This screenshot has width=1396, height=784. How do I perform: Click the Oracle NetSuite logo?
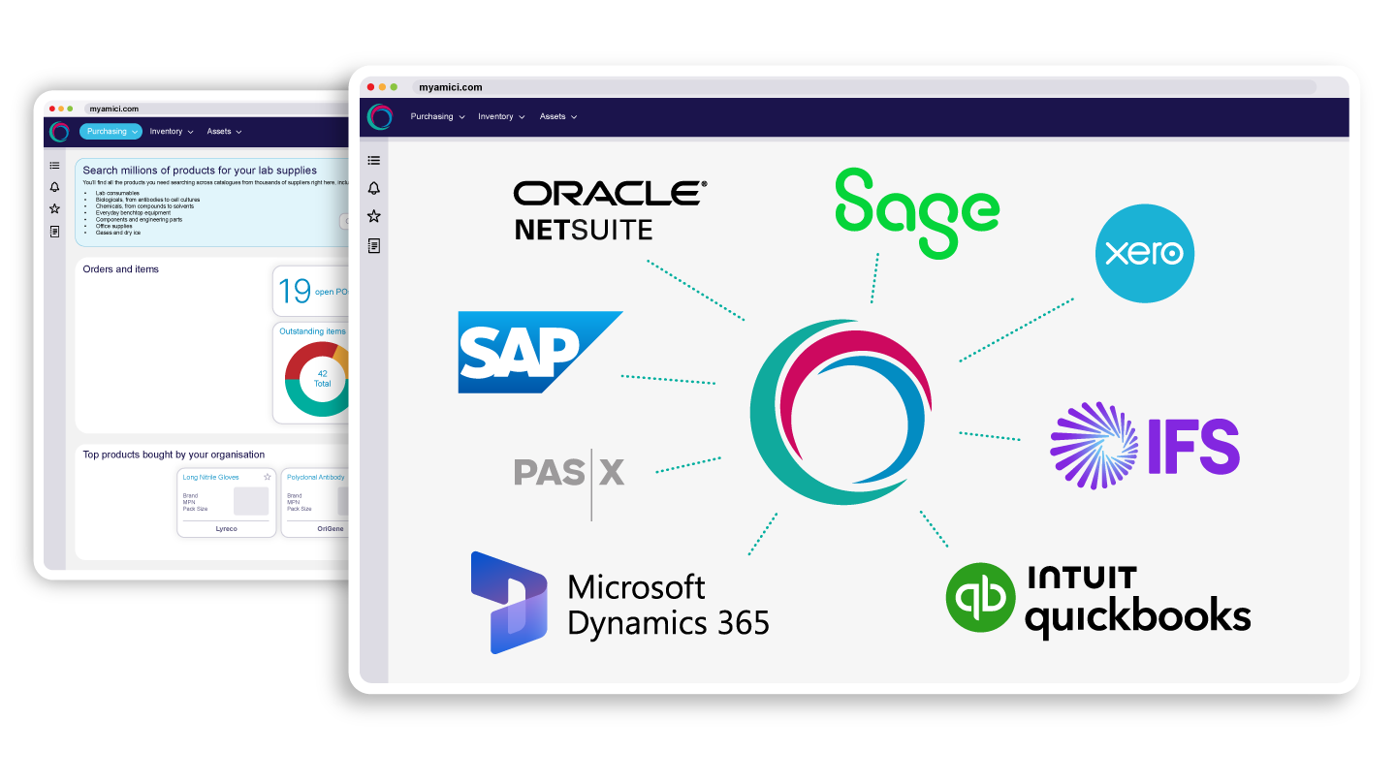(x=610, y=208)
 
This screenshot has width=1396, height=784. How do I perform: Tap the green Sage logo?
(x=916, y=213)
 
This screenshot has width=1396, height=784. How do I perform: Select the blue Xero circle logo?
(x=1145, y=254)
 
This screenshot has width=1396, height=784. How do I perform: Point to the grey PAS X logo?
(x=569, y=473)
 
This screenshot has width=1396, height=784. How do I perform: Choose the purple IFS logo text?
(x=1193, y=447)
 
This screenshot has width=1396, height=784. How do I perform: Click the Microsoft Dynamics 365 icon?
(x=508, y=602)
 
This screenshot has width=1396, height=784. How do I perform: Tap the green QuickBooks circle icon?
(x=980, y=598)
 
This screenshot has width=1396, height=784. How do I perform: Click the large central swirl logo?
(x=841, y=412)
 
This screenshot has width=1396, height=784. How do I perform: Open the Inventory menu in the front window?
(x=500, y=116)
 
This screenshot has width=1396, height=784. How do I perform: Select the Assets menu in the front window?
(x=557, y=116)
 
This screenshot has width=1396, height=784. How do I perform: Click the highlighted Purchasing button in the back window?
(x=111, y=132)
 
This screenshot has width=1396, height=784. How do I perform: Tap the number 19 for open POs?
(x=295, y=291)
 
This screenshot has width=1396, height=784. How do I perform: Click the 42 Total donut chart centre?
(x=322, y=378)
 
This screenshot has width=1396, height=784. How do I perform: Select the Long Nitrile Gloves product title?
(x=211, y=478)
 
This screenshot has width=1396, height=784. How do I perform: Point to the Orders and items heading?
(x=121, y=269)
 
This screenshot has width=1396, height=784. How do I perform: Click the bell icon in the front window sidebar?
(x=374, y=188)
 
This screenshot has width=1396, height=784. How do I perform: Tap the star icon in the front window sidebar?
(x=374, y=216)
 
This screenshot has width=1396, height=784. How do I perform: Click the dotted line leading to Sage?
(x=875, y=279)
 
